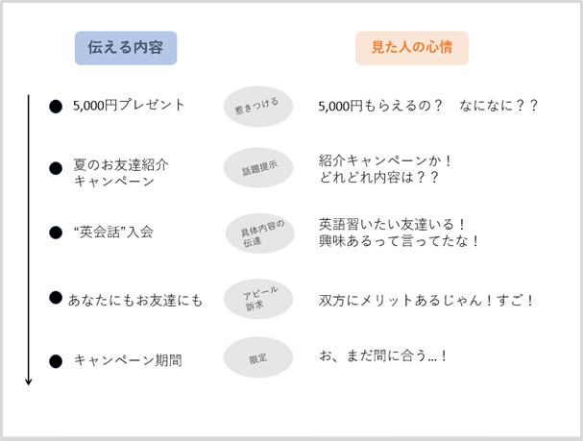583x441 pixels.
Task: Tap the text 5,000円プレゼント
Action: point(129,105)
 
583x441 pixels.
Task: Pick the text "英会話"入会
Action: point(113,232)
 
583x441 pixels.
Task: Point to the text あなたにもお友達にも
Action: point(135,300)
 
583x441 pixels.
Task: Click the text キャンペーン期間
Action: point(128,360)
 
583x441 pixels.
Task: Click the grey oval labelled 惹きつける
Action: point(257,106)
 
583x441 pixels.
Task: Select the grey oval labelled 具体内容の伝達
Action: point(257,233)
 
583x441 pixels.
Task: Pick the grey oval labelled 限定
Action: point(257,357)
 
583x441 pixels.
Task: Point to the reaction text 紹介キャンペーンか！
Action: point(386,160)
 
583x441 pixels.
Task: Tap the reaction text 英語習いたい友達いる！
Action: point(392,224)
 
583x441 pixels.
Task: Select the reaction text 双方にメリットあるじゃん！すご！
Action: point(426,300)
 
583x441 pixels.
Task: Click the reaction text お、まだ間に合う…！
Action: point(383,355)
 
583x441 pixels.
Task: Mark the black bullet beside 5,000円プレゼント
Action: point(56,106)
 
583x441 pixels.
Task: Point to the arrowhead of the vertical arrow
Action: point(29,380)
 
